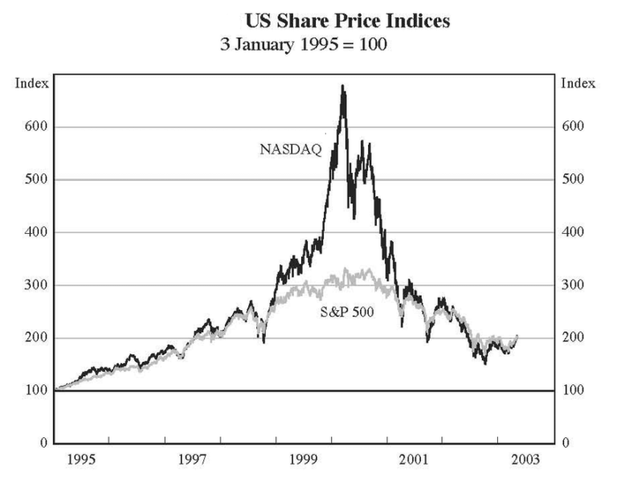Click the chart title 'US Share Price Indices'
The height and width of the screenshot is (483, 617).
[x=347, y=22]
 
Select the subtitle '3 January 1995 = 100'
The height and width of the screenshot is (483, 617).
[x=304, y=45]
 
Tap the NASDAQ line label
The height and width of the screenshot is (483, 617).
[x=291, y=149]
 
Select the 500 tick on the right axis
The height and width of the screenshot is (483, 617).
[x=571, y=179]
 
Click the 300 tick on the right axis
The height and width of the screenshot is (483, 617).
[x=571, y=285]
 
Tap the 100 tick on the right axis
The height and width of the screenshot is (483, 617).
[x=571, y=391]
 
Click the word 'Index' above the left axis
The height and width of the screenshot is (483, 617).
[x=32, y=84]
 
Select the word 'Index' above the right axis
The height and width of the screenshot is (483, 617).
[x=578, y=84]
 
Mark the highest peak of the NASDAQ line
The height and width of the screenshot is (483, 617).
[x=343, y=86]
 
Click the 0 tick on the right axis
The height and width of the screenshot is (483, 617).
[x=564, y=444]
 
